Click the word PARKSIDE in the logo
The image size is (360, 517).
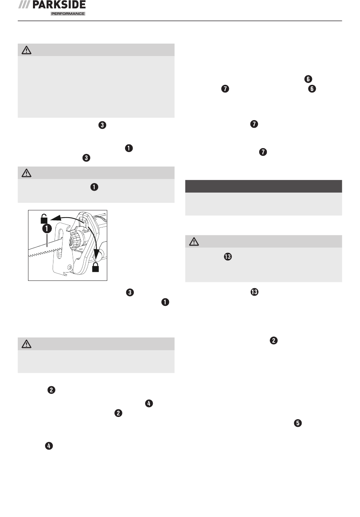[x=59, y=5]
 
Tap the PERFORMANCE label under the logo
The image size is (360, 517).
[x=68, y=14]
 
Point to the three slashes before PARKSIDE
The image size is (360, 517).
[x=24, y=5]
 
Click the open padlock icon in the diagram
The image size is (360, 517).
[x=44, y=219]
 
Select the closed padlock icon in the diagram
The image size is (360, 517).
[x=95, y=267]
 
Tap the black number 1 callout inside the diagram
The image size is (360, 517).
[x=47, y=229]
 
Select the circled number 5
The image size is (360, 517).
[x=298, y=423]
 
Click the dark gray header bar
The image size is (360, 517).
[x=263, y=186]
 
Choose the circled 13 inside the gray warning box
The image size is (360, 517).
[x=227, y=257]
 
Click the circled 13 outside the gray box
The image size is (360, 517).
[x=254, y=292]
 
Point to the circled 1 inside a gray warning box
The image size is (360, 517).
[x=94, y=187]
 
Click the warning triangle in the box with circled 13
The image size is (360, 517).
[x=194, y=241]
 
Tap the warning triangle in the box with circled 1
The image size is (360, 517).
[x=26, y=173]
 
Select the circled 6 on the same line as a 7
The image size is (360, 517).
[x=312, y=89]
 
